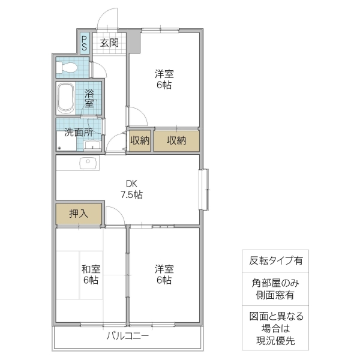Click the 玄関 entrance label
[x=109, y=43]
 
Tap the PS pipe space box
[x=85, y=43]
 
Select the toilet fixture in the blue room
[x=67, y=67]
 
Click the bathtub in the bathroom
[x=66, y=98]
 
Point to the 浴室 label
[x=89, y=98]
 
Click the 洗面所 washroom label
[x=79, y=131]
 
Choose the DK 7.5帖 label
[x=131, y=189]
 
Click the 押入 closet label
[x=79, y=214]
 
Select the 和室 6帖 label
[x=90, y=274]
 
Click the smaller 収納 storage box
[x=139, y=140]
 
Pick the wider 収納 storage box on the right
[x=176, y=140]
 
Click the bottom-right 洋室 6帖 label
[x=164, y=274]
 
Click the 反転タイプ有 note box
[x=275, y=261]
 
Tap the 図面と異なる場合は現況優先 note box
[x=275, y=329]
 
